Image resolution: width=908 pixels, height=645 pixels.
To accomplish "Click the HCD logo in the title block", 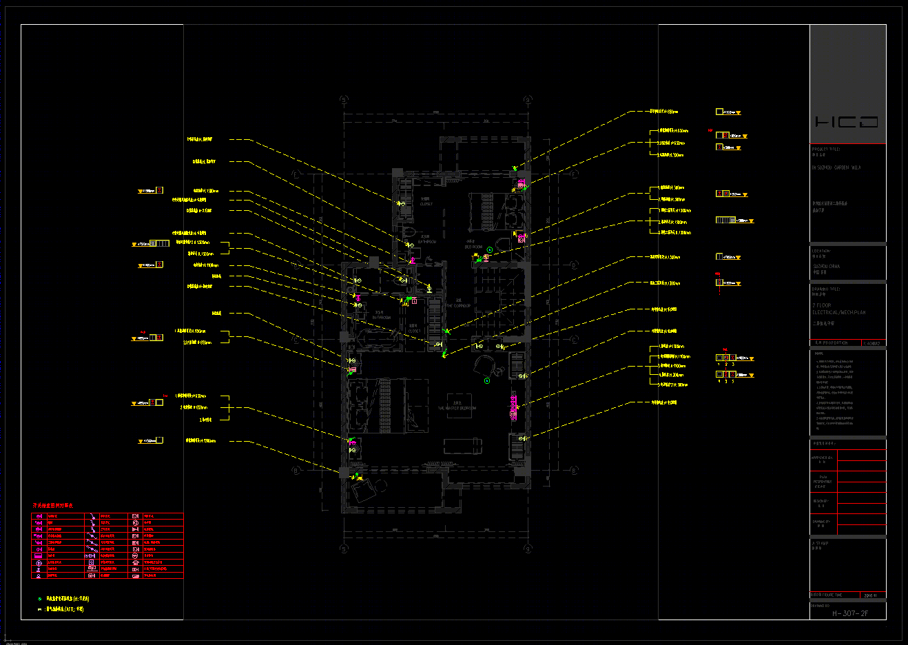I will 847,122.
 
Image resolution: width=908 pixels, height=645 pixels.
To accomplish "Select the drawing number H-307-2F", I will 850,613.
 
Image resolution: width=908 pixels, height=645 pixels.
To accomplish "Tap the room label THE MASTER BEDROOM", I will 457,408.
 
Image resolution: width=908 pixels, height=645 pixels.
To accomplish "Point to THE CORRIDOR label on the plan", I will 458,305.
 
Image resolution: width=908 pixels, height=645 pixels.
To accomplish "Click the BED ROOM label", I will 473,247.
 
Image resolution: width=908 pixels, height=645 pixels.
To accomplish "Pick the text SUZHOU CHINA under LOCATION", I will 826,266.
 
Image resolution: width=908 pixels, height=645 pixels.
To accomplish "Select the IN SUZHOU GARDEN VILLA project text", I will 836,167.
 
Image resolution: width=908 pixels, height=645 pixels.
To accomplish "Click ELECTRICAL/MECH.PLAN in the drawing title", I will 838,312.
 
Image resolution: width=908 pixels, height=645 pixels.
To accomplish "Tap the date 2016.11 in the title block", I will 869,595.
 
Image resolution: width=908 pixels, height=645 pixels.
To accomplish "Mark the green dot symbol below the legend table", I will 39,600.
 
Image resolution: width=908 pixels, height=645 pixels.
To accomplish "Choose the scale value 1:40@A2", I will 871,342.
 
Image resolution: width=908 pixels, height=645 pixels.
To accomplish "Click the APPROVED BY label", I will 822,458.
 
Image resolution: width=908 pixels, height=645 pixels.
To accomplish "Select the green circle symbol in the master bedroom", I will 487,380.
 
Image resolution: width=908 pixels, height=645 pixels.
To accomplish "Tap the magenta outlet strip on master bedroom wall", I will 513,406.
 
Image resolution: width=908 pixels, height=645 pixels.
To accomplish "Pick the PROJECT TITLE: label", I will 826,149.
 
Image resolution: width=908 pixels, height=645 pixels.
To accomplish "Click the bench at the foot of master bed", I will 462,446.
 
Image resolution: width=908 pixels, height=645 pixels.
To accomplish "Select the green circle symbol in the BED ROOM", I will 490,250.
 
